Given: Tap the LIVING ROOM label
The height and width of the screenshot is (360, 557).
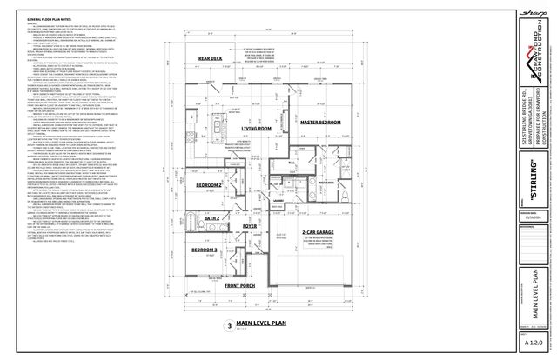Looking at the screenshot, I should [256, 128].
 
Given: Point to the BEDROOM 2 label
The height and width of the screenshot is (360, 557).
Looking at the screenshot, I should [208, 186].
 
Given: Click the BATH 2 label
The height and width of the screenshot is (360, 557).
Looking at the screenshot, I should [212, 218].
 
